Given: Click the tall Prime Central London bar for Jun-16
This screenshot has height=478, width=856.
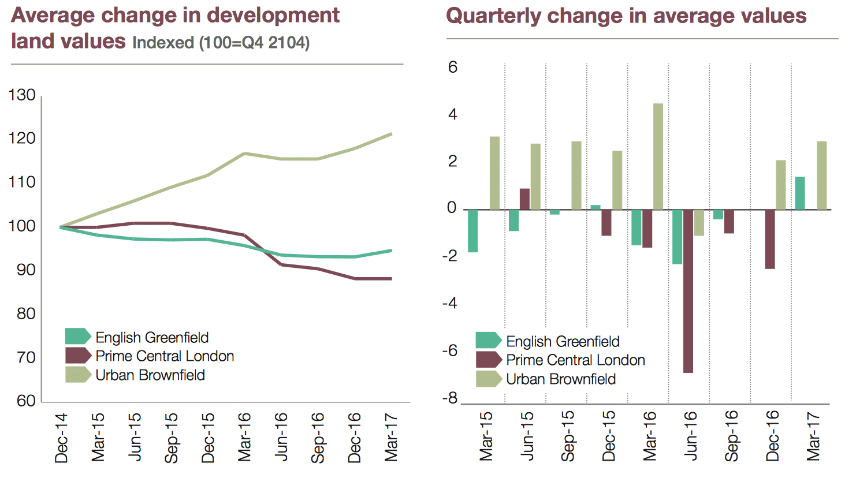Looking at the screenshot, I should tap(688, 291).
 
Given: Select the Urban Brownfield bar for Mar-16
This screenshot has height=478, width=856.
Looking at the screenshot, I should tap(658, 156).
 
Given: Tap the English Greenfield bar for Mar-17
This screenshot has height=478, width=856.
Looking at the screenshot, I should tap(800, 193).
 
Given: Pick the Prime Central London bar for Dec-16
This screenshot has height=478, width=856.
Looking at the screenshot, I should tap(770, 239).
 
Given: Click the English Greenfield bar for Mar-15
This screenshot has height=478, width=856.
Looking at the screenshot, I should tap(473, 231).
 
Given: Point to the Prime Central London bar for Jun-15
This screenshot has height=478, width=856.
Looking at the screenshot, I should tap(524, 199).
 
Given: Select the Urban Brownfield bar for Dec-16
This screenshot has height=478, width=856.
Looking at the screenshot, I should tap(781, 185).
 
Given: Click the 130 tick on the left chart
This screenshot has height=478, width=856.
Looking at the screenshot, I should tap(22, 95).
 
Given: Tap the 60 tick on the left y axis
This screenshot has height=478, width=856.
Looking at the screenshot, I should tap(25, 401).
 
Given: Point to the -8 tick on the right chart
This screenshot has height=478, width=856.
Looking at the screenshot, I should tap(450, 398).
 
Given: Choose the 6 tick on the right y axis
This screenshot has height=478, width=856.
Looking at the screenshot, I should tap(452, 68).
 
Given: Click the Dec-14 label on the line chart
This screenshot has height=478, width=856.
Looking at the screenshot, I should tap(61, 438).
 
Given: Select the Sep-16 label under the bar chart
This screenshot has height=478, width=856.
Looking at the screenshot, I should tap(731, 435).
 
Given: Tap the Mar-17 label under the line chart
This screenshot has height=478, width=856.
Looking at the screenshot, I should tap(391, 438).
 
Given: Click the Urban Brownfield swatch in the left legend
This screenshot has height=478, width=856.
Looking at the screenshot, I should tap(77, 375).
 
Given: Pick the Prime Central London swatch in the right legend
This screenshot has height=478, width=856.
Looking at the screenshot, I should tap(488, 360).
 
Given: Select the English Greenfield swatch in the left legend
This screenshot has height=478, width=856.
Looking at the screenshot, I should tap(77, 337).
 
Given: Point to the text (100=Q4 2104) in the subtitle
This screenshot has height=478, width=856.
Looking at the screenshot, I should tap(254, 43).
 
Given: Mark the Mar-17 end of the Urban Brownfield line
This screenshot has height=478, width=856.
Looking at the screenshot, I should tap(391, 134).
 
